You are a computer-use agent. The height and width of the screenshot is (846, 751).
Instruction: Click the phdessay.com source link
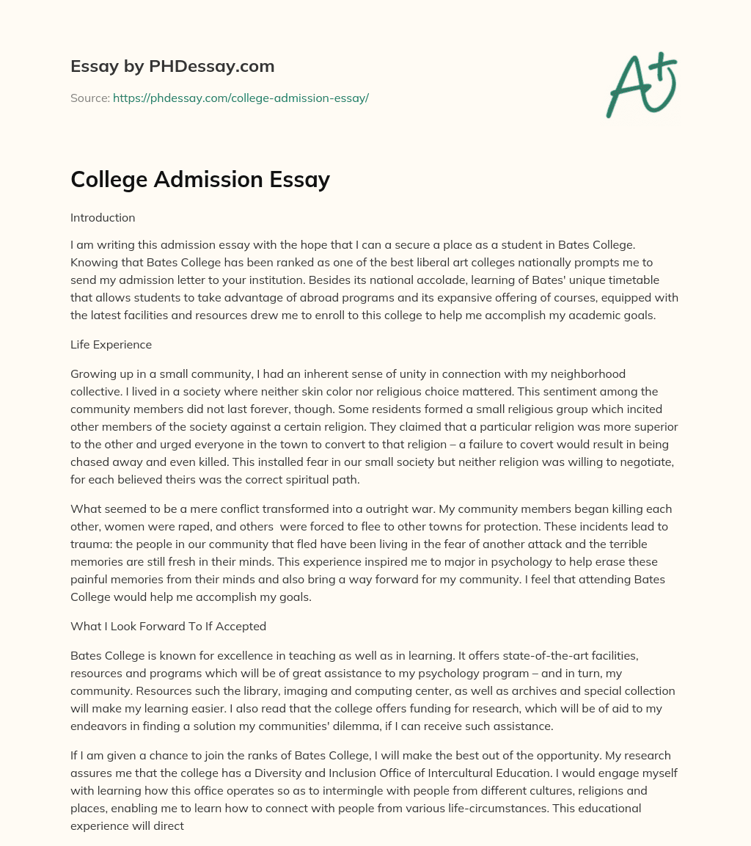coord(241,98)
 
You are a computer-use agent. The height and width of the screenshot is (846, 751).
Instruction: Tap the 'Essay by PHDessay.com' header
coord(172,66)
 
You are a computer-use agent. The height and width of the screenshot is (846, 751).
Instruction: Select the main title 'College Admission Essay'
coord(200,179)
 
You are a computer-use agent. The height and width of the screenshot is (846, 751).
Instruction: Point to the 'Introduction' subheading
coord(103,217)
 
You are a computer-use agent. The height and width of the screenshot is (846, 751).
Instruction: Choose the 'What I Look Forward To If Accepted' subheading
coord(168,626)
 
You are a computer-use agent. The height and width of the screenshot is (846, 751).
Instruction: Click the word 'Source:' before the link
coord(90,98)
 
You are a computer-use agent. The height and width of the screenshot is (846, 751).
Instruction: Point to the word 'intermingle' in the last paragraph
coord(400,791)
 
